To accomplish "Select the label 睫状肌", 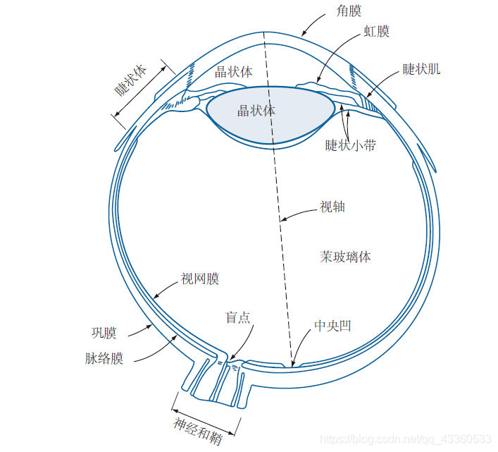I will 422,69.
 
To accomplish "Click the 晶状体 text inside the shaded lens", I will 256,111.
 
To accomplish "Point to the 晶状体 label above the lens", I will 234,72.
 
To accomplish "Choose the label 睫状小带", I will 350,145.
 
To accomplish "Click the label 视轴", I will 332,207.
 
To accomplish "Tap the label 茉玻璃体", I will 345,257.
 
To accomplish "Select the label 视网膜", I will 200,279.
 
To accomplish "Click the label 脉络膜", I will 104,358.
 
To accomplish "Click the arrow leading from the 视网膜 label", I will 163,289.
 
